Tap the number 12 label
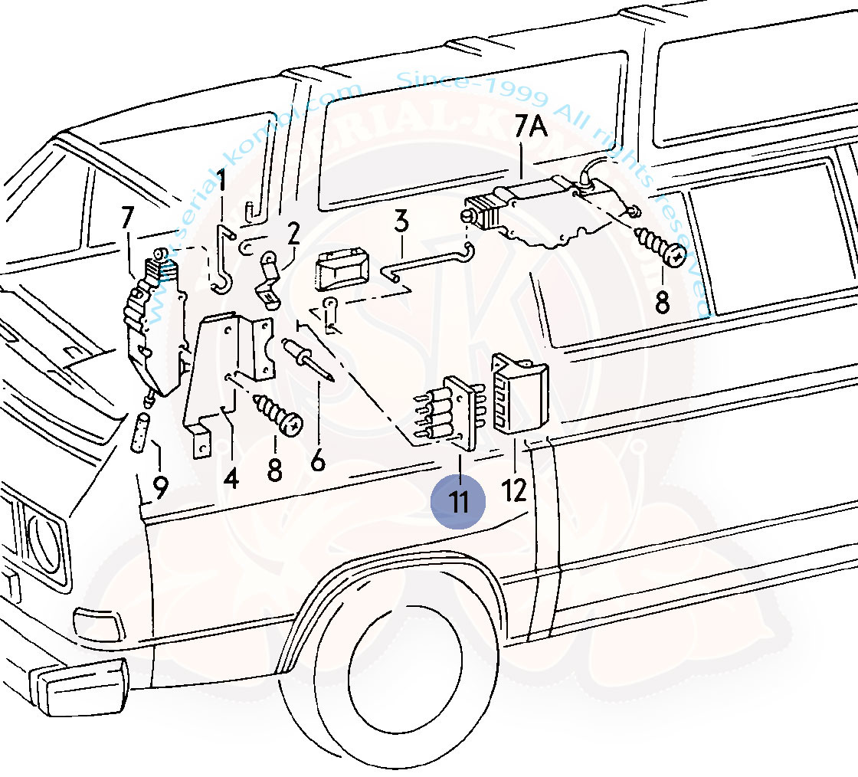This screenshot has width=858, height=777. point(515,489)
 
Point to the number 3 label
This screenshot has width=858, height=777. point(401,223)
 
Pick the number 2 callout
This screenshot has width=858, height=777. point(293,234)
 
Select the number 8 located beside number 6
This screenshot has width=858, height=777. point(275,469)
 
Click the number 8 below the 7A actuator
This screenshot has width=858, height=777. point(662,302)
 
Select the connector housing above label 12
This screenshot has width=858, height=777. point(521,391)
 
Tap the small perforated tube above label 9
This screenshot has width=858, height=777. point(142,433)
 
